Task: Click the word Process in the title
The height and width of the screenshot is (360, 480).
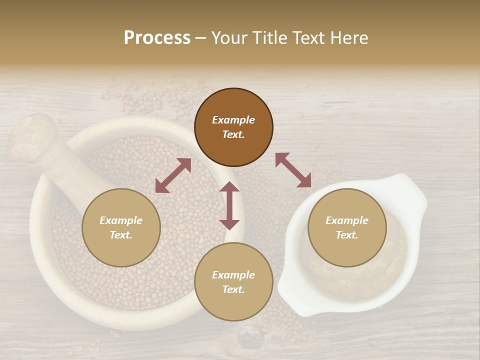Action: (x=157, y=38)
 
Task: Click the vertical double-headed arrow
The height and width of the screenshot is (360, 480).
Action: (x=229, y=205)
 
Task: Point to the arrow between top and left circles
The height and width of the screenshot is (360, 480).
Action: (x=173, y=175)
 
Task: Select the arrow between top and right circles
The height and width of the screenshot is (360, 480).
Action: (x=293, y=170)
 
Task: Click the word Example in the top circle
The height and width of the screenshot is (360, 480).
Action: (x=233, y=120)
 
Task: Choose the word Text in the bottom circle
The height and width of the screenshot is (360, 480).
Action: (x=233, y=289)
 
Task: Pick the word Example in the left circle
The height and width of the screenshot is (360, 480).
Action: (x=121, y=220)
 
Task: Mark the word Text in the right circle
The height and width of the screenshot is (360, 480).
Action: (x=347, y=235)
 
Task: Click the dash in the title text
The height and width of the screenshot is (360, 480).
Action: (x=200, y=38)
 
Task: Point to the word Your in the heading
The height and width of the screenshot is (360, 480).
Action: (x=229, y=38)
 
